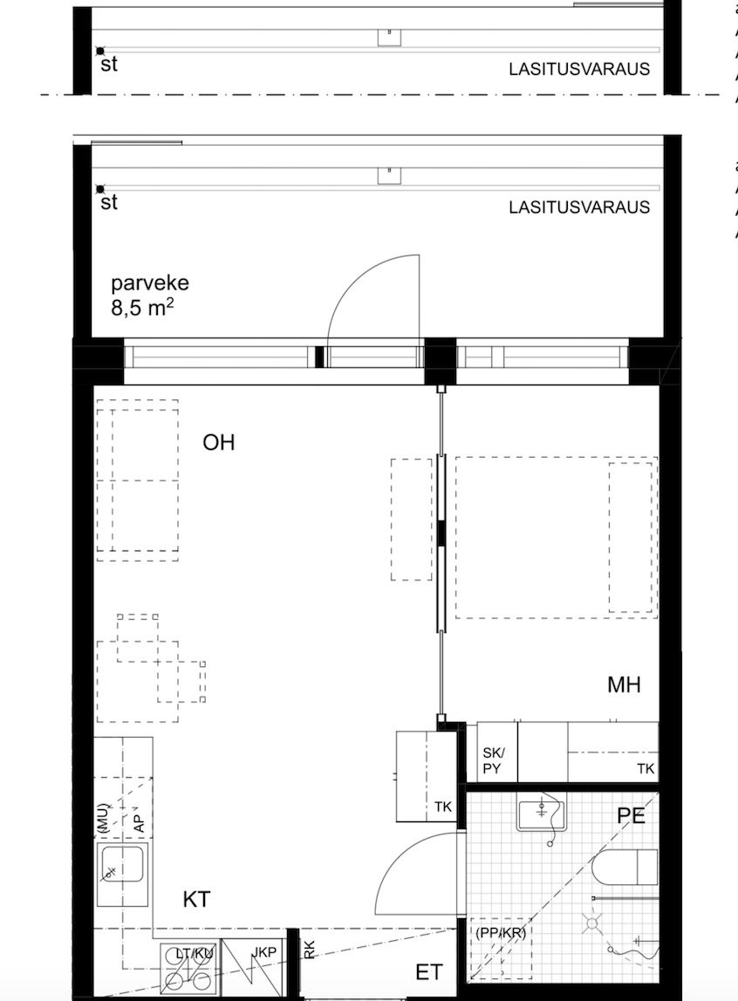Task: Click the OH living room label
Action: [x=219, y=443]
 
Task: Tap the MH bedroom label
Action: [x=624, y=685]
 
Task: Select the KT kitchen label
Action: [x=196, y=899]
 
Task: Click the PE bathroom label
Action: [x=631, y=816]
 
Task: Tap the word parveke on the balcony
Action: [x=149, y=284]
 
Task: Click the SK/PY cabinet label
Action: [x=494, y=761]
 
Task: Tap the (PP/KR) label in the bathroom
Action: [x=501, y=932]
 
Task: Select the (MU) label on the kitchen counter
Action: [x=102, y=818]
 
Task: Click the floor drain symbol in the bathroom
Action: [x=591, y=923]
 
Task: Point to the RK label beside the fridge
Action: [x=310, y=950]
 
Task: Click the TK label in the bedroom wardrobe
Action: [x=645, y=768]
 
